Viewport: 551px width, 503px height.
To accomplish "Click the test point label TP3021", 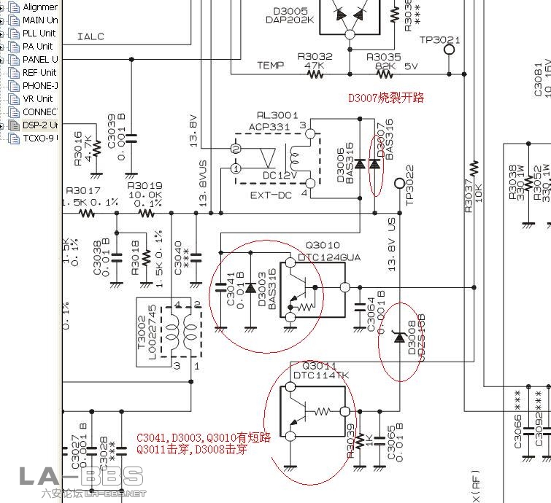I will click(439, 40).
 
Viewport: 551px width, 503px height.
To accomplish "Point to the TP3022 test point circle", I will click(399, 183).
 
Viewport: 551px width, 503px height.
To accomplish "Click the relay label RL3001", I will click(277, 115).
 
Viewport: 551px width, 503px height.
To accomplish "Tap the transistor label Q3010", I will click(322, 245).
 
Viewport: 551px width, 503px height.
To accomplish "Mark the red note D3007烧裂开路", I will click(385, 98).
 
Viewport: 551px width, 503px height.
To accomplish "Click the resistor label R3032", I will click(315, 56).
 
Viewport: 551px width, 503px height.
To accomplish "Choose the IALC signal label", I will click(90, 36).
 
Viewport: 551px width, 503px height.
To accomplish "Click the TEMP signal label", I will click(270, 66).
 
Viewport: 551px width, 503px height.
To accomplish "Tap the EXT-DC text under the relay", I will click(271, 196).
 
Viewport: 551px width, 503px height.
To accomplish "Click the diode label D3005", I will click(290, 11).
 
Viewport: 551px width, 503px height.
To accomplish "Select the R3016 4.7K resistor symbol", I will click(96, 165).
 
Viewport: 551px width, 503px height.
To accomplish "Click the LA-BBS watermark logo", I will click(80, 478).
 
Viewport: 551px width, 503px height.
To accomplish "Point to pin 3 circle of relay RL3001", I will click(311, 135).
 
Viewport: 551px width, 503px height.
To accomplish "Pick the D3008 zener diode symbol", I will click(399, 338).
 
